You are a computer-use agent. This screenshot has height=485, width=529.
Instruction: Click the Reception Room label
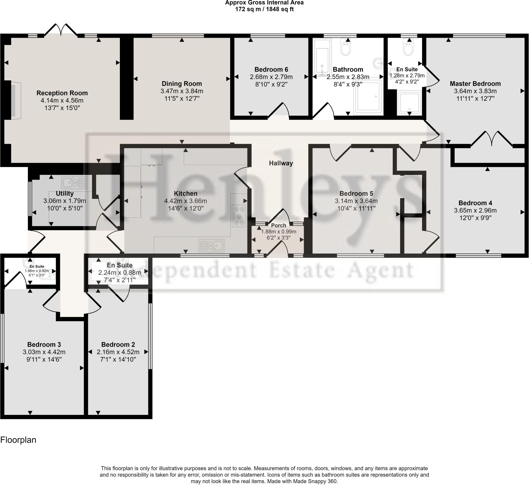pyautogui.click(x=62, y=93)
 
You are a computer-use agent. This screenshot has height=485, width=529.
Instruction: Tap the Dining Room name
pyautogui.click(x=182, y=84)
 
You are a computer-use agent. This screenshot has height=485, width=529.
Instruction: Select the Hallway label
pyautogui.click(x=281, y=163)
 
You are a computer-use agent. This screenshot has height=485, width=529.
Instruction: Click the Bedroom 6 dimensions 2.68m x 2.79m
pyautogui.click(x=271, y=77)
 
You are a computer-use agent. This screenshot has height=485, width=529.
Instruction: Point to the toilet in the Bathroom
pyautogui.click(x=346, y=47)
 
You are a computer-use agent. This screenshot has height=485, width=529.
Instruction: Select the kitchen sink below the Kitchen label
pyautogui.click(x=212, y=246)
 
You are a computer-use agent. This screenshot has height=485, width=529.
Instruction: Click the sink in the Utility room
pyautogui.click(x=74, y=182)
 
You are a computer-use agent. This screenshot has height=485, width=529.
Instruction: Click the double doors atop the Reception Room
pyautogui.click(x=61, y=30)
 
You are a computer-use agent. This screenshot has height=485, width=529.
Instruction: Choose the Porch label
pyautogui.click(x=278, y=225)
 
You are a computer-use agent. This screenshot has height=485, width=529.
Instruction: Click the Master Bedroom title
pyautogui.click(x=475, y=84)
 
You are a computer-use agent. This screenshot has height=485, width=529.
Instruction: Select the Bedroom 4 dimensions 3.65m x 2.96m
pyautogui.click(x=475, y=211)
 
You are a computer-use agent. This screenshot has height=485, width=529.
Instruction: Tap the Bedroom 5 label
pyautogui.click(x=356, y=193)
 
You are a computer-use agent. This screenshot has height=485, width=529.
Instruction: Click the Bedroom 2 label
pyautogui.click(x=118, y=345)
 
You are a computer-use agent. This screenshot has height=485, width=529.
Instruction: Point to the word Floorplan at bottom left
pyautogui.click(x=18, y=440)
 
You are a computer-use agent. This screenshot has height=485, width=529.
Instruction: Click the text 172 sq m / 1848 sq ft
pyautogui.click(x=264, y=9)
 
